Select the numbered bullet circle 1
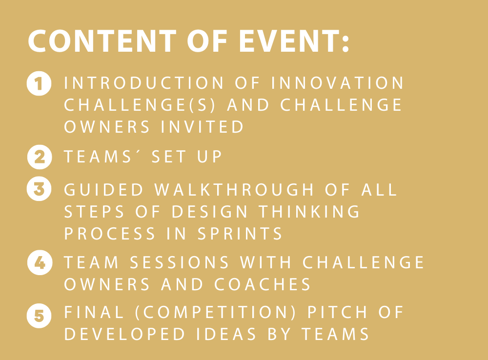[39, 83]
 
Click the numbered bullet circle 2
[40, 157]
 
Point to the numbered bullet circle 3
[39, 189]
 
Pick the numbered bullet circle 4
[40, 262]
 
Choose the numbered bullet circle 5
[39, 316]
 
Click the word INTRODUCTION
[144, 83]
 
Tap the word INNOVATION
[338, 83]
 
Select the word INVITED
[203, 127]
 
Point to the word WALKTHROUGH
[234, 189]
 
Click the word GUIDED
[103, 189]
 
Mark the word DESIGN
[210, 212]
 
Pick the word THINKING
[309, 212]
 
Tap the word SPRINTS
[240, 234]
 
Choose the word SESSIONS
[180, 262]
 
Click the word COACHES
[263, 284]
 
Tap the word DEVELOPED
[124, 334]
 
